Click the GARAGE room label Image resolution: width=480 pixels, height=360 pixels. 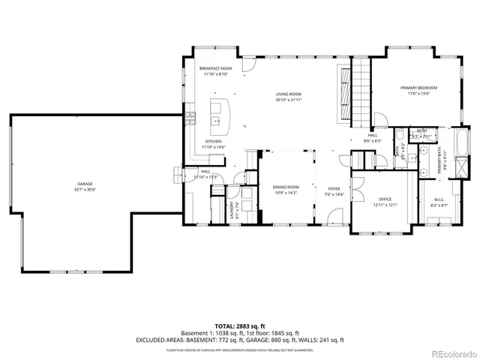click(85, 183)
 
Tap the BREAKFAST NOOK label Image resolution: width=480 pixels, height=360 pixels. click(216, 68)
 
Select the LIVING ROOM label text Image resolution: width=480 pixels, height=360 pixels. click(288, 94)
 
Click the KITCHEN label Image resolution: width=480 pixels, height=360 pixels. click(214, 142)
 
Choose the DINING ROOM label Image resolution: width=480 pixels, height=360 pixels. click(286, 187)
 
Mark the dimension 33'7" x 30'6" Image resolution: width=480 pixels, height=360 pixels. click(85, 189)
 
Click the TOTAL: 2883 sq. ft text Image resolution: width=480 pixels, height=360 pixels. click(239, 326)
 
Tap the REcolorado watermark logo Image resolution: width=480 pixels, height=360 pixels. click(453, 353)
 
